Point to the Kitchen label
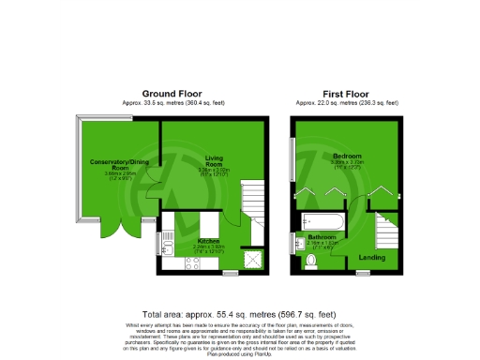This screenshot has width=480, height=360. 209,241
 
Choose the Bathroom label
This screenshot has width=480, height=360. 322,238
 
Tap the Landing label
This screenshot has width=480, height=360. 373,256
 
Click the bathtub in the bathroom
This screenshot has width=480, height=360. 323,222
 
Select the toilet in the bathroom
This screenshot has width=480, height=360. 311,263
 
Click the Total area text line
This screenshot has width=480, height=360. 239,314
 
